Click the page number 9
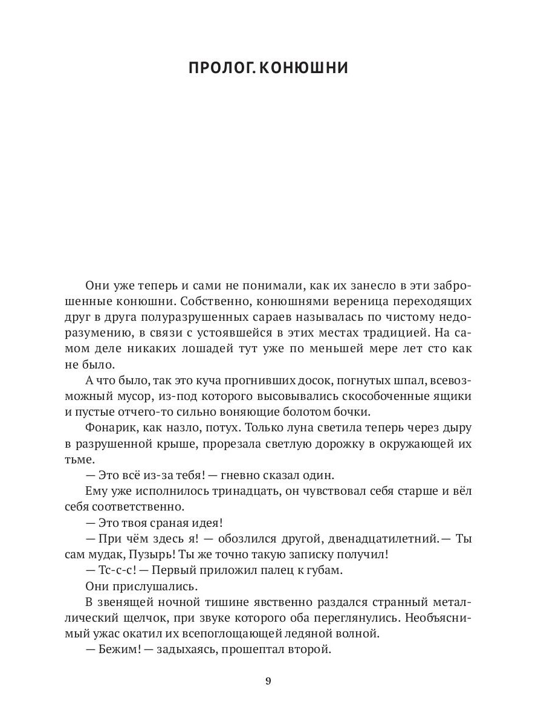pyautogui.click(x=268, y=681)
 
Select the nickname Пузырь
pyautogui.click(x=164, y=554)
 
